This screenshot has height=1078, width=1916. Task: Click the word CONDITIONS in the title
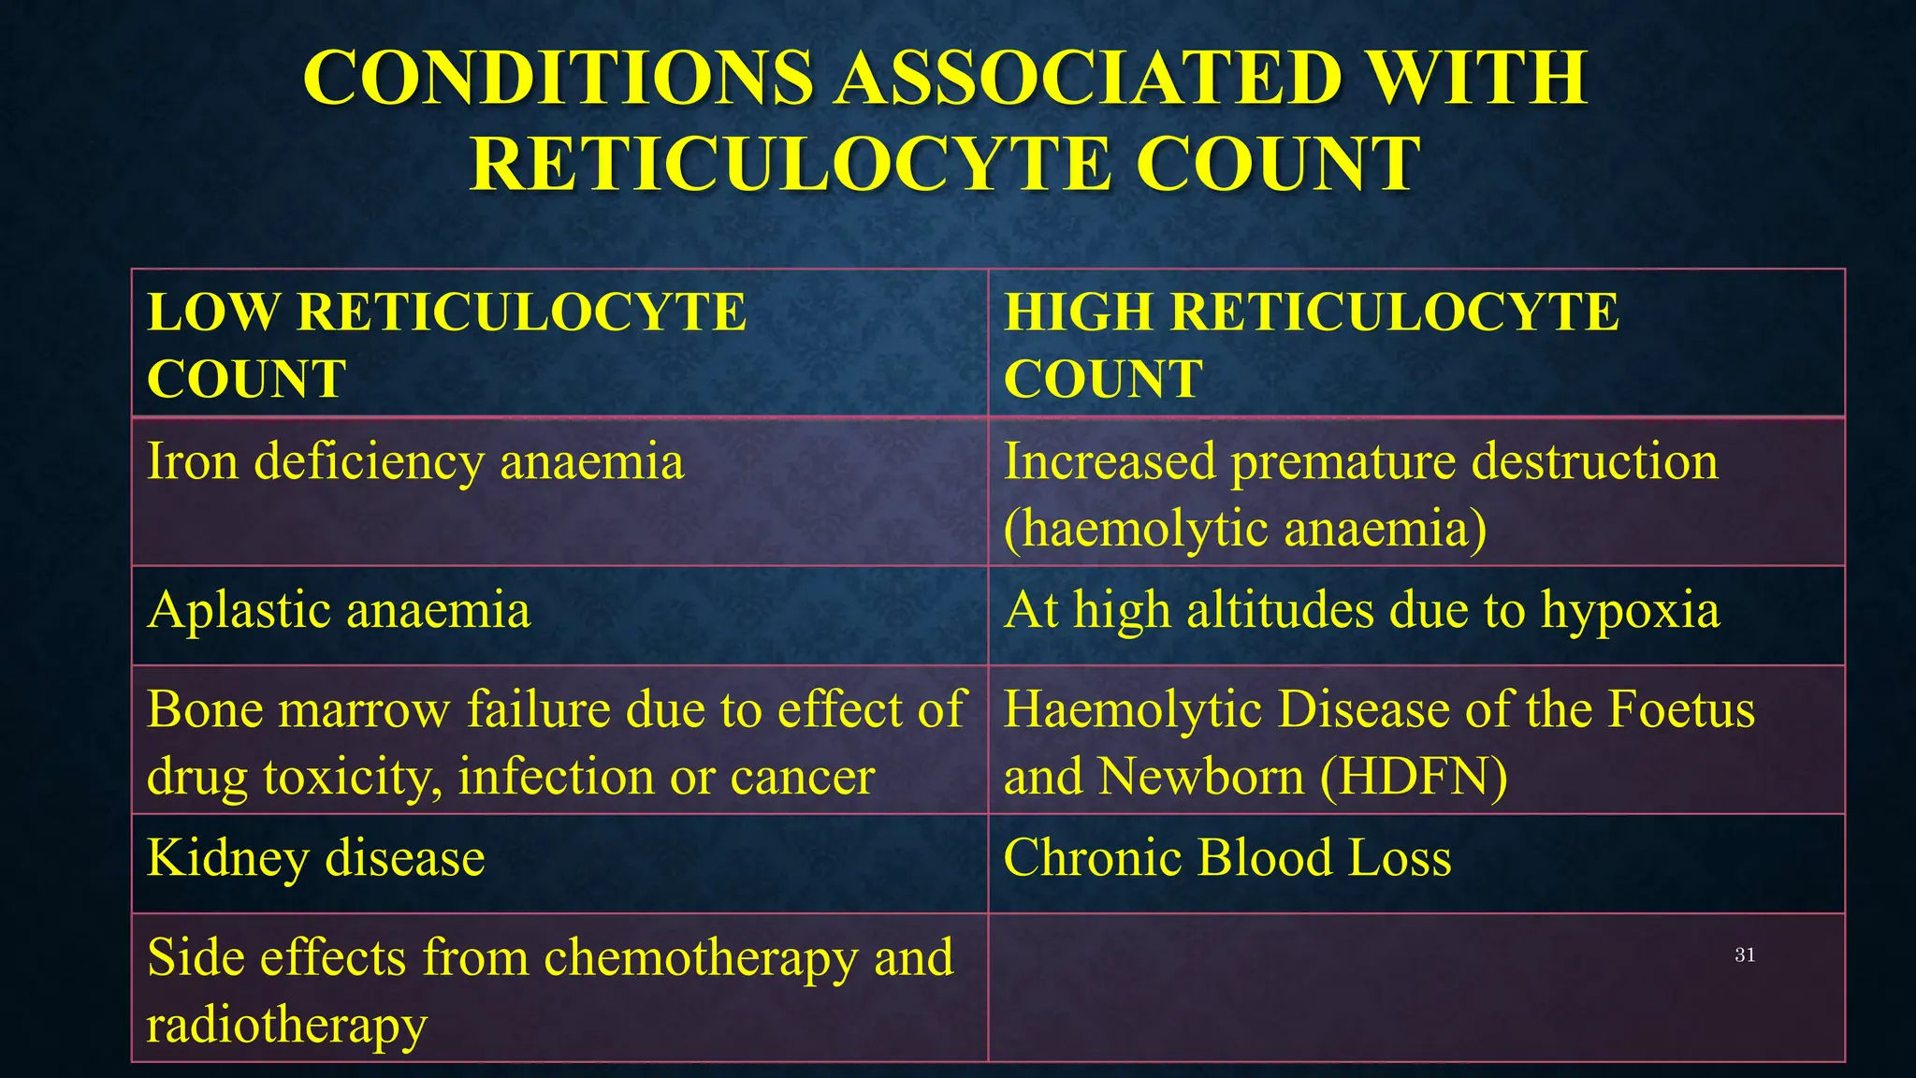coord(559,78)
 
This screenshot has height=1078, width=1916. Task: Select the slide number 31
coord(1745,954)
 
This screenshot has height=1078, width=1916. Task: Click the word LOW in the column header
coord(212,312)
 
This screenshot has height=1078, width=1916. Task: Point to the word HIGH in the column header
coord(1077,312)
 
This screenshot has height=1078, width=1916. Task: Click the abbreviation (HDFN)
coord(1414,778)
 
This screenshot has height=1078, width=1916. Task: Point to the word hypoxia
coord(1630,612)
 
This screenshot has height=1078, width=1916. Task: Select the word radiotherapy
coord(286,1027)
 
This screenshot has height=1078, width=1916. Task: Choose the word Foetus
coord(1681,709)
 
